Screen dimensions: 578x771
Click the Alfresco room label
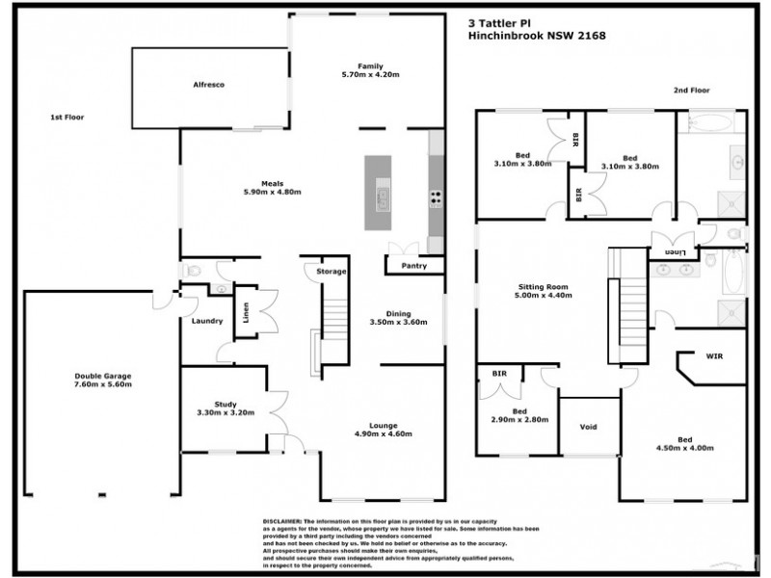point(208,86)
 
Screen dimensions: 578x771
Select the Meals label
point(273,182)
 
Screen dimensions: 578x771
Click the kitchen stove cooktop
point(436,199)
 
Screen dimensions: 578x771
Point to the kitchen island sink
point(382,198)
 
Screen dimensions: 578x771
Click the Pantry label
point(414,264)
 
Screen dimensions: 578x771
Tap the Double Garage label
point(103,376)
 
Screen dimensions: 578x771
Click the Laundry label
point(207,321)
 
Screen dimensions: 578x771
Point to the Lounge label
point(384,424)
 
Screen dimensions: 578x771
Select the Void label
point(588,427)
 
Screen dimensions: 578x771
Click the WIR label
point(713,356)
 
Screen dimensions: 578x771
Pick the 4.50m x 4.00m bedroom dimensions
point(685,449)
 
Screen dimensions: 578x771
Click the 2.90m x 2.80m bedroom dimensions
point(519,420)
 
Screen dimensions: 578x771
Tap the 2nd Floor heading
point(691,91)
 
